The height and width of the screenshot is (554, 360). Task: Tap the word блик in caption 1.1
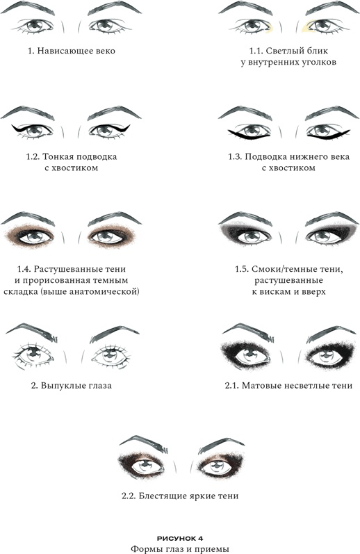316,51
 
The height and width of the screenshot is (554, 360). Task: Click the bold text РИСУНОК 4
180,539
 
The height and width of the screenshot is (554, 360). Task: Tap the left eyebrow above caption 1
28,8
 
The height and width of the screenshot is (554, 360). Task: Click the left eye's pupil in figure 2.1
249,353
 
